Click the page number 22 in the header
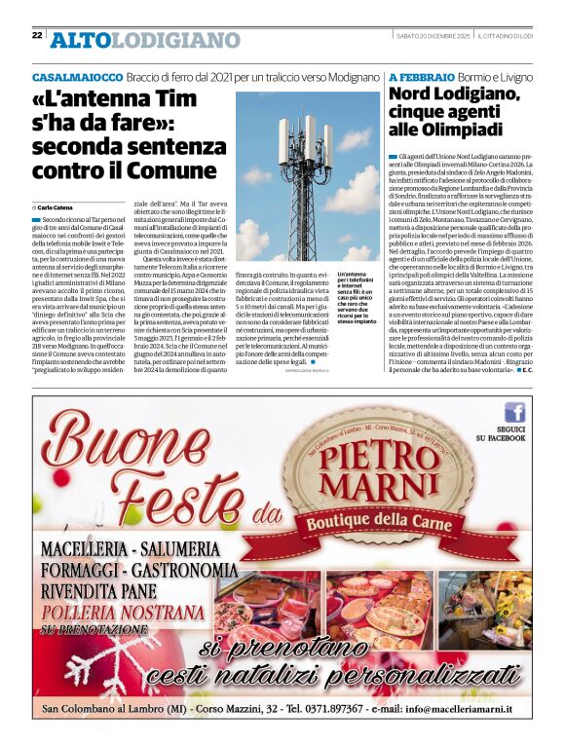tap(37, 35)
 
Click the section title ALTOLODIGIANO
tap(145, 40)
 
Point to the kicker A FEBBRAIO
tap(422, 76)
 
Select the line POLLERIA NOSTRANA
tap(128, 615)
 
